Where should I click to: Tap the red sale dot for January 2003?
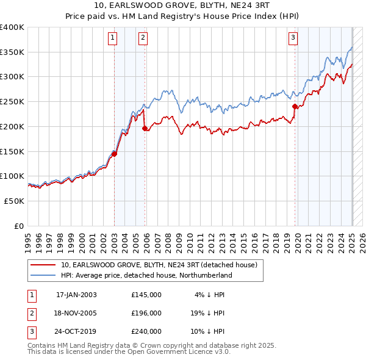(115, 154)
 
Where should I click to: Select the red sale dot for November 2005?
(145, 128)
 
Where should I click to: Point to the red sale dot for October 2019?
(295, 106)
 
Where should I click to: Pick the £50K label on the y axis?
(15, 201)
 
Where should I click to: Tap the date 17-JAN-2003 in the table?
(76, 295)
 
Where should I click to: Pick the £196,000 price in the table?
(146, 313)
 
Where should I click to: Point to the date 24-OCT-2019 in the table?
(76, 331)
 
